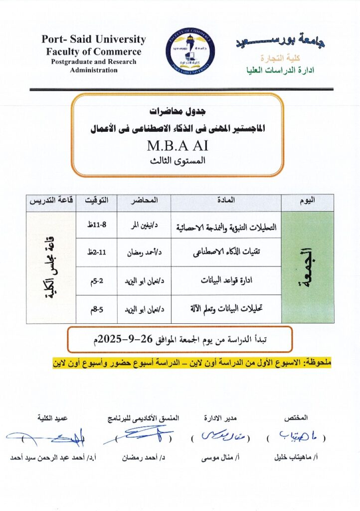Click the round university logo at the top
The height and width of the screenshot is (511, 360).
point(190,50)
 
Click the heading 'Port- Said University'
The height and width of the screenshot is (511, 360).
point(94,39)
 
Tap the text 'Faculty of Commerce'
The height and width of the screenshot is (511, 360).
point(94,51)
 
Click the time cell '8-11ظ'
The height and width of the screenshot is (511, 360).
point(96,225)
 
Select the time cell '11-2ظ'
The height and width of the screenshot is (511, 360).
point(96,253)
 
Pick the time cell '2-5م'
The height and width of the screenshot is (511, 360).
point(96,280)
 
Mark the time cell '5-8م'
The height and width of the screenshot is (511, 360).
point(96,309)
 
